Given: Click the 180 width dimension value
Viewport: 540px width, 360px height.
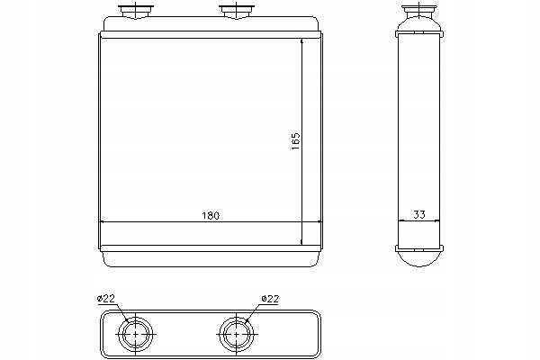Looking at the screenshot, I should coord(210,216).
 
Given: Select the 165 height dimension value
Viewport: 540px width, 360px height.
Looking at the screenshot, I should coord(294,141).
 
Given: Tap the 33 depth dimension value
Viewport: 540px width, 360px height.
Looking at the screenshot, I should coord(419,214).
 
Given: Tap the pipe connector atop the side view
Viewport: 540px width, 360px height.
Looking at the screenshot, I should coord(419,13).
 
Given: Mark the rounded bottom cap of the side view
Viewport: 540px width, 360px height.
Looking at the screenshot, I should coord(419,257).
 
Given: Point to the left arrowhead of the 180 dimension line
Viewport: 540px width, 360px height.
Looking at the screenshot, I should coord(101,221).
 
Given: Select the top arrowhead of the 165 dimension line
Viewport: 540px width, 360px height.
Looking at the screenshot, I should coord(301,41).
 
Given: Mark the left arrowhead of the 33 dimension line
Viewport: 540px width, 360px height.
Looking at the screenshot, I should coord(400,221).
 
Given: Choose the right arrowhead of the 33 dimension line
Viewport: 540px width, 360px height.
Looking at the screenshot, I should coord(439,221).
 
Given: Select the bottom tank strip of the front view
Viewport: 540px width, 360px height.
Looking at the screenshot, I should coord(209,249).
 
